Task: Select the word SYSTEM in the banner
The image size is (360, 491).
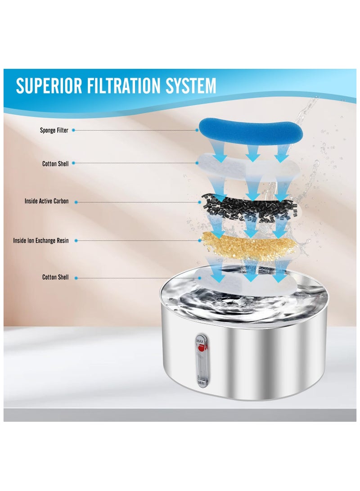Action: [x=191, y=86]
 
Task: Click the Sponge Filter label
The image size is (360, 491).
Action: [x=54, y=131]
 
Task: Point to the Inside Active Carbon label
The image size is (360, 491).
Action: [x=47, y=201]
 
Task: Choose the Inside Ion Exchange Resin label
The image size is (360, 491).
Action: [x=41, y=241]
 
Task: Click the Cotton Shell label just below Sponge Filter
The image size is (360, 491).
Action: [x=56, y=164]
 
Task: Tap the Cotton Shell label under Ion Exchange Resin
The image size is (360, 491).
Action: [x=56, y=277]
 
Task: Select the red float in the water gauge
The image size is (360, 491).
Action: [x=201, y=348]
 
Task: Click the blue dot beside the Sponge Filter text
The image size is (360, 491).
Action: [x=73, y=131]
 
